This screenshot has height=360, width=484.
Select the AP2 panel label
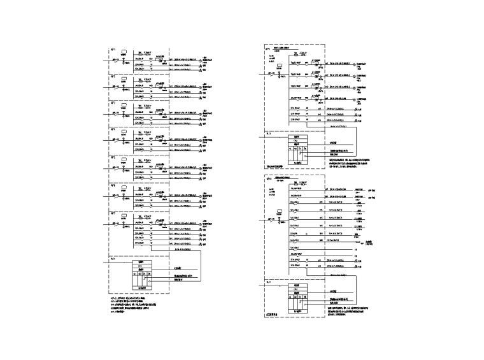(x=112, y=76)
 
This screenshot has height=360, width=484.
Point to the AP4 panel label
(x=112, y=130)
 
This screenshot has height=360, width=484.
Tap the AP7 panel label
(x=112, y=212)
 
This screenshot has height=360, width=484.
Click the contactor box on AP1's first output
(x=159, y=61)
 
